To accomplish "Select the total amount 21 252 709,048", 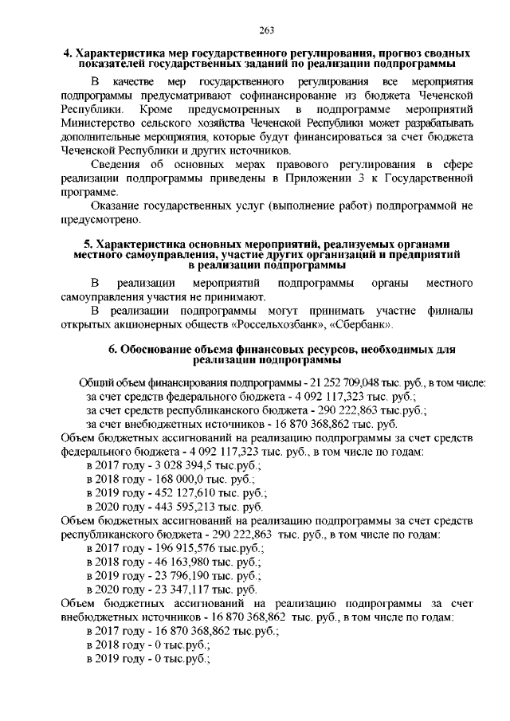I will click(345, 382).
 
